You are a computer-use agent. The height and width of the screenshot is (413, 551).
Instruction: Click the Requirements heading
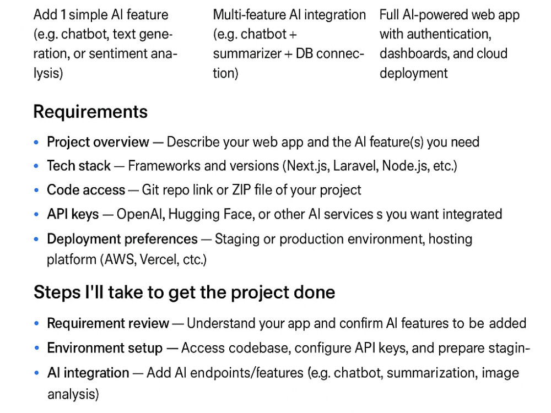(x=90, y=112)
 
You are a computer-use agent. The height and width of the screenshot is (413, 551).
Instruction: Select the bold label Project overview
(x=98, y=142)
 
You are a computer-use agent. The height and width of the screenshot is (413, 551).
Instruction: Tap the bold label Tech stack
(x=79, y=166)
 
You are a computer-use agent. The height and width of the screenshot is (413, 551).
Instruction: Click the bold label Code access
(x=86, y=190)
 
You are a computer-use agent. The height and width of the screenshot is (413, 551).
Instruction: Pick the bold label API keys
(x=73, y=214)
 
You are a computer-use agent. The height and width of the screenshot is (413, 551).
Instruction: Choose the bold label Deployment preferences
(x=122, y=239)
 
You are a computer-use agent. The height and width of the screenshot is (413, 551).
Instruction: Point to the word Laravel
(x=356, y=166)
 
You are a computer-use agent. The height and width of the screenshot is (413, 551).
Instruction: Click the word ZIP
(x=241, y=190)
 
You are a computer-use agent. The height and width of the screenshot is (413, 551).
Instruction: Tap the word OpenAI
(x=141, y=214)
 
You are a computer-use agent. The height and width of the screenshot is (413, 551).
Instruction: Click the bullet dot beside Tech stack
(x=36, y=166)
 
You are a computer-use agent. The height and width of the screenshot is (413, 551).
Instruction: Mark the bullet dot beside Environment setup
(x=36, y=348)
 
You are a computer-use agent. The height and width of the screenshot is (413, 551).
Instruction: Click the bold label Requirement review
(x=108, y=323)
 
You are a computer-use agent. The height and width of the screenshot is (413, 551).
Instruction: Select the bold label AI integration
(x=88, y=373)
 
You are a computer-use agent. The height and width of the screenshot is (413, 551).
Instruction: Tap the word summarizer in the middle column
(x=247, y=54)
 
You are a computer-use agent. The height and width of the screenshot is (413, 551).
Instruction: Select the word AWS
(x=120, y=260)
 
